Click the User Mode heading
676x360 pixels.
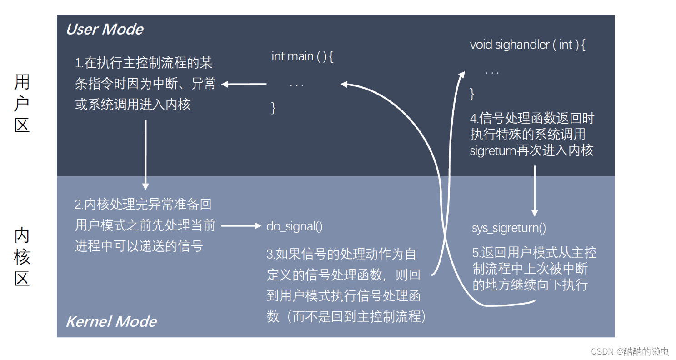(105, 30)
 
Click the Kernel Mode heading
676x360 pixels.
(111, 322)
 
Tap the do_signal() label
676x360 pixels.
(295, 226)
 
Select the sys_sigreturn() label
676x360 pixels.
(509, 228)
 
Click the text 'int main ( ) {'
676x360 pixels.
(303, 56)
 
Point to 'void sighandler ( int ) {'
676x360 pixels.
(527, 45)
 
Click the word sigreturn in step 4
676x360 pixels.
(493, 150)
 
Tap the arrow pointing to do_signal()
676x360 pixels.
(241, 225)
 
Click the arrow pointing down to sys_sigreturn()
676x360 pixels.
(535, 191)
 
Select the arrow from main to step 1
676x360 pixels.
(244, 84)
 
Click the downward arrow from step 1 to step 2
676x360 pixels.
(145, 155)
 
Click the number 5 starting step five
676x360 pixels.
(476, 253)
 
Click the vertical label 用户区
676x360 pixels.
(22, 104)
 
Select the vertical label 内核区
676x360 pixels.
(22, 257)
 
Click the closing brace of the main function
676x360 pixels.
(273, 108)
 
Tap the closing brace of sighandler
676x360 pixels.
(472, 94)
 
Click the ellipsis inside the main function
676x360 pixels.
(296, 85)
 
